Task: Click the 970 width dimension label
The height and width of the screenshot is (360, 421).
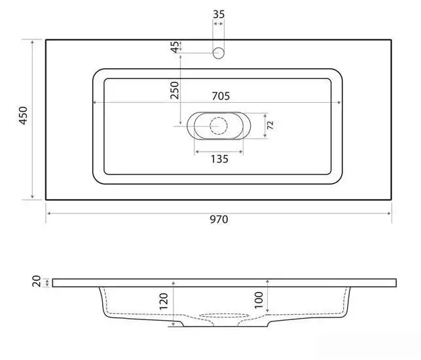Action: pyautogui.click(x=219, y=219)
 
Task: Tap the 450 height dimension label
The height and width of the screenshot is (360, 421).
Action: pyautogui.click(x=24, y=116)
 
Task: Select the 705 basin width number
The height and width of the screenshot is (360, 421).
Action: pyautogui.click(x=221, y=96)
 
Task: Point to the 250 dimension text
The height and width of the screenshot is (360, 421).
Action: pyautogui.click(x=175, y=90)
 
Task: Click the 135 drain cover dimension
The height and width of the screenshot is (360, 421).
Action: pyautogui.click(x=219, y=159)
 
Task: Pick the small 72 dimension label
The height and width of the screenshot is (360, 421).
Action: pyautogui.click(x=270, y=125)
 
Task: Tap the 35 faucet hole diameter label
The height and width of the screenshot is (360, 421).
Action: pyautogui.click(x=219, y=14)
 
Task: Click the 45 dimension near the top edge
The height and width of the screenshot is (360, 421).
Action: pyautogui.click(x=175, y=47)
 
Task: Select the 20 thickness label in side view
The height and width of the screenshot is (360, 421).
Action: pyautogui.click(x=37, y=281)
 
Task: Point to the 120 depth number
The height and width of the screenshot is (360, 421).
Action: pyautogui.click(x=164, y=301)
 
